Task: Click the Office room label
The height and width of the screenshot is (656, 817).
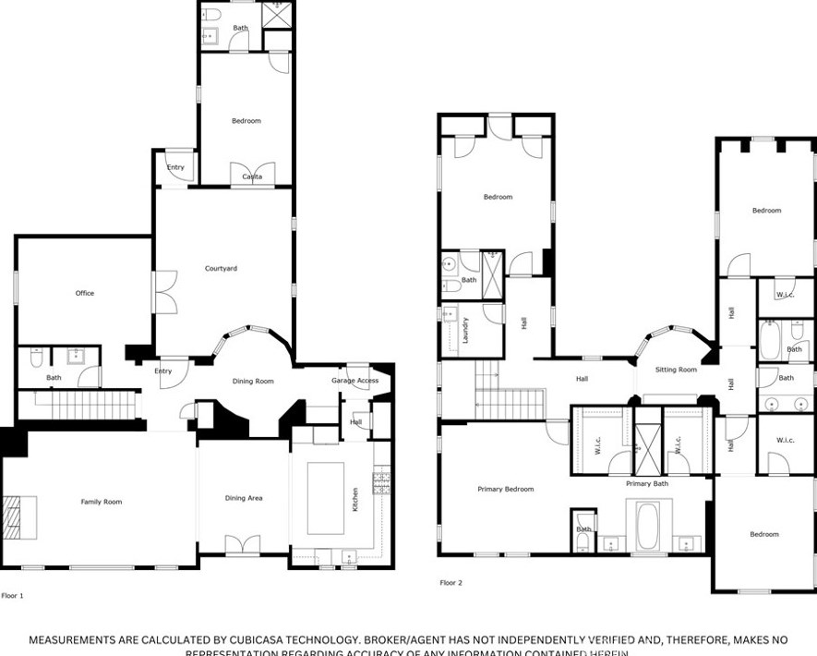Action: (x=85, y=293)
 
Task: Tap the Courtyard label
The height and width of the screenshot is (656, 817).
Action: (x=221, y=269)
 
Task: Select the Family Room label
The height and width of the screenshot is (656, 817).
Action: (x=101, y=502)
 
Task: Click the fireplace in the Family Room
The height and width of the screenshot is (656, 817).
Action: (x=20, y=517)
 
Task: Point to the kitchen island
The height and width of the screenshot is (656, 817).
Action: (x=325, y=498)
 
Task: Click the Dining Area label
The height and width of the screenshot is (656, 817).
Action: (x=244, y=498)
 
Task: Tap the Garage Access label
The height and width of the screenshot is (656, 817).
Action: (x=354, y=381)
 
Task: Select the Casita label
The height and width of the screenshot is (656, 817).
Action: (x=252, y=176)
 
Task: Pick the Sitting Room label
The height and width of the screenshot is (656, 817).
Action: (x=676, y=370)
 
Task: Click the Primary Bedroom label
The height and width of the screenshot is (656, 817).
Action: (x=505, y=489)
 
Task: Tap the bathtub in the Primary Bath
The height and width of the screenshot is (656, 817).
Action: (x=648, y=525)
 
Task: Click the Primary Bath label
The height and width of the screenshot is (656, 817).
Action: (x=647, y=483)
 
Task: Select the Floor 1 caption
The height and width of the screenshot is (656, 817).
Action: (x=13, y=596)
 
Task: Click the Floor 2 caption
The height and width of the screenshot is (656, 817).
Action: (x=451, y=583)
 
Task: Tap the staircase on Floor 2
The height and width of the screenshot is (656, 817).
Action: (x=498, y=389)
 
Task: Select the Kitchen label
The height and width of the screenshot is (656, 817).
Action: (x=354, y=500)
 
